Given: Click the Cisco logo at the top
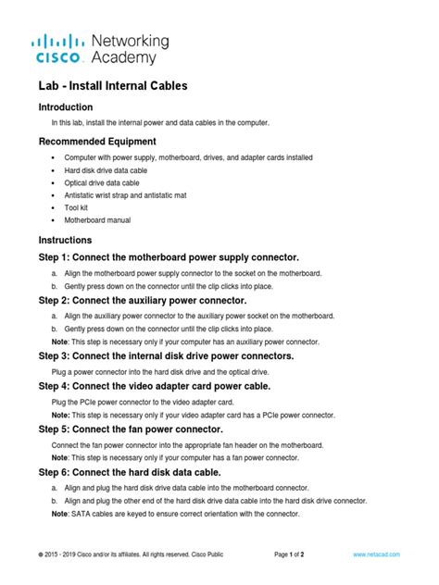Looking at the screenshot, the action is coord(61,49).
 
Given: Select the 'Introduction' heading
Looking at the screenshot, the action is coord(66,106).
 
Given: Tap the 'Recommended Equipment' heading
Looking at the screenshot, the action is coord(96,142).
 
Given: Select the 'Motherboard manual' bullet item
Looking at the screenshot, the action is coord(97,220).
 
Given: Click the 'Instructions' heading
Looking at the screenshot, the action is coord(65,241).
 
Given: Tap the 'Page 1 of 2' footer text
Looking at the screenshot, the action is coord(295,554).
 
